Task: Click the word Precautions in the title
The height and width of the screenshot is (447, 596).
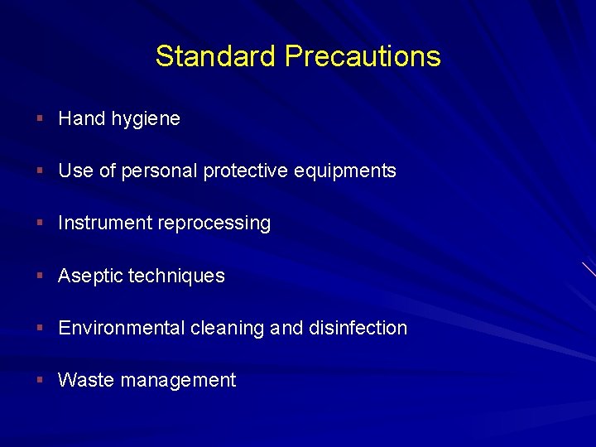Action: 363,56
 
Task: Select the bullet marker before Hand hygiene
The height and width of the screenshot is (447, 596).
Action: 40,119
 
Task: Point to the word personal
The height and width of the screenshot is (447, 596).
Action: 160,171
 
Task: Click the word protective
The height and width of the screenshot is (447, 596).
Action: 246,171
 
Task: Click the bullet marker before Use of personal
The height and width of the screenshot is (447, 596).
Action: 40,171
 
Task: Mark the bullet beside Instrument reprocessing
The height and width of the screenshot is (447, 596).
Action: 40,223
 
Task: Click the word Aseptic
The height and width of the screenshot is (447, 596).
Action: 89,276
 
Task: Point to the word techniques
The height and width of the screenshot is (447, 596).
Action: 176,276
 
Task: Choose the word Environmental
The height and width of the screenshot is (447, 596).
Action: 122,328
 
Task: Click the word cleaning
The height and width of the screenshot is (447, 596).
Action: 228,328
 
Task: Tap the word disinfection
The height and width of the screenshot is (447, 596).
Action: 358,328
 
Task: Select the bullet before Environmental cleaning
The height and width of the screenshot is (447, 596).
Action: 40,328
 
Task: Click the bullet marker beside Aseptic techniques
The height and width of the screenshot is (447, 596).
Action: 40,276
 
